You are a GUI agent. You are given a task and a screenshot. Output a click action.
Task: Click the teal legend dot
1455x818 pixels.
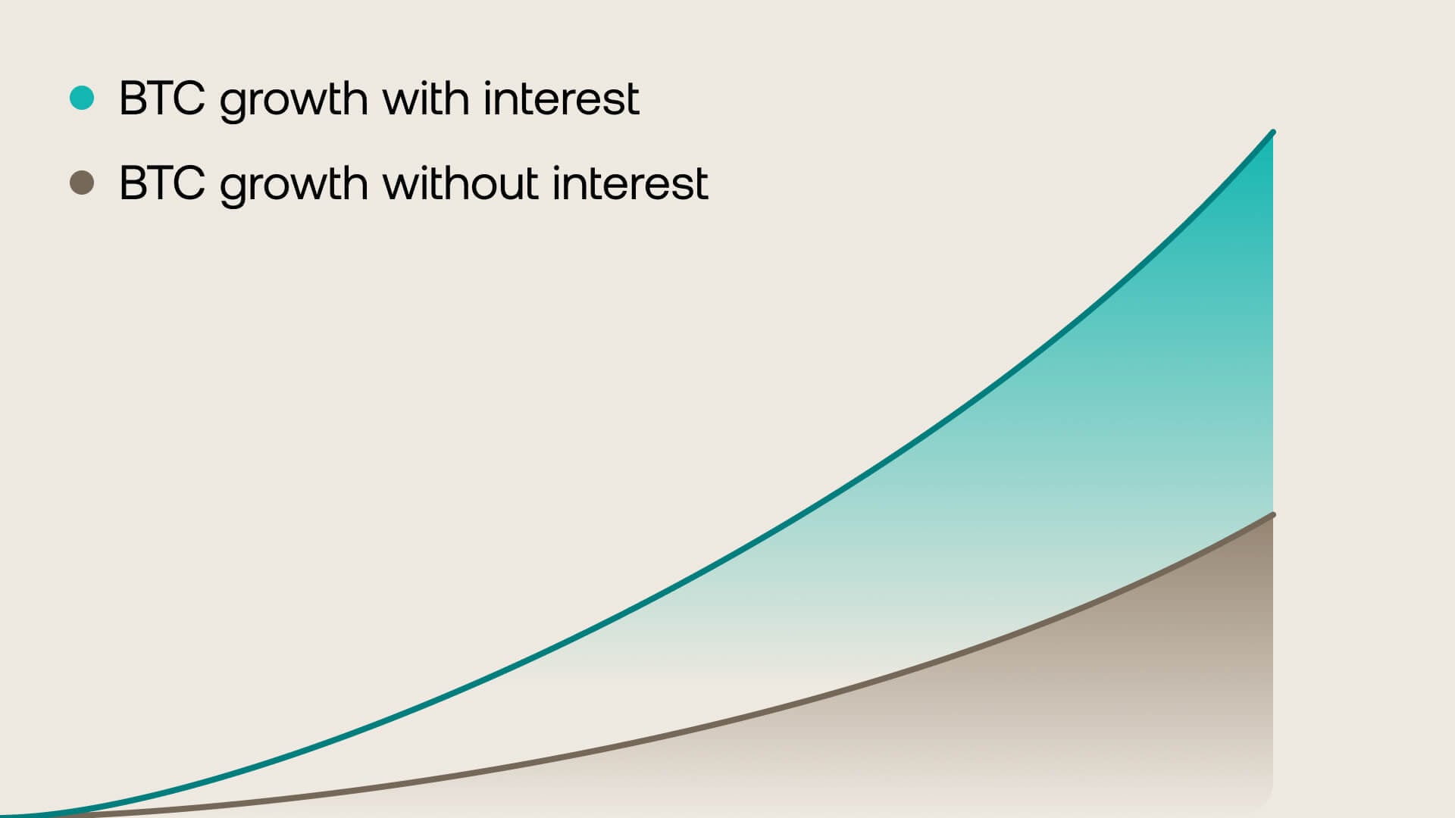[x=82, y=98]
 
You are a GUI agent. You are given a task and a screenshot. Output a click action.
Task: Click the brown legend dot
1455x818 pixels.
[x=82, y=183]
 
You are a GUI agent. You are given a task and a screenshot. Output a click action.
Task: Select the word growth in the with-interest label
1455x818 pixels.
[x=294, y=101]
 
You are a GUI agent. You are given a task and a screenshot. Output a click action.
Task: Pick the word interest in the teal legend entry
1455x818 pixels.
[x=562, y=98]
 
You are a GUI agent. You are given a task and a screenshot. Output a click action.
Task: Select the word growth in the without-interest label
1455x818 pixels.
[x=294, y=186]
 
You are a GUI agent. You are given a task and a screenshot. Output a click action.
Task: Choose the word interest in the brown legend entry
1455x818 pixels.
[x=630, y=183]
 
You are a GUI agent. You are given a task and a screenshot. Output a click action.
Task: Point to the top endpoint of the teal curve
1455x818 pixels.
[x=1272, y=133]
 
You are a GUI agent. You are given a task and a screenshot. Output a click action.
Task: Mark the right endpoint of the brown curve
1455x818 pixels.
[x=1272, y=515]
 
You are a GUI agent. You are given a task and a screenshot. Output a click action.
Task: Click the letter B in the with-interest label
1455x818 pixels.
[x=132, y=98]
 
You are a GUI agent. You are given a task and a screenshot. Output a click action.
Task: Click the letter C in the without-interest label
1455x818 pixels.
[x=190, y=183]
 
